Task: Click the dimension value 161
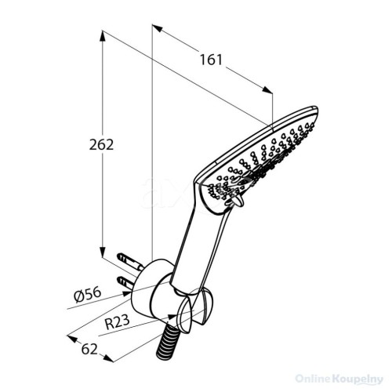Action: pos(211,60)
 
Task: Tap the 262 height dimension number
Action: pos(101,145)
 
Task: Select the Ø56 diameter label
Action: pos(87,295)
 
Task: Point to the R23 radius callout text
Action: pos(118,322)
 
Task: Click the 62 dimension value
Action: pos(89,349)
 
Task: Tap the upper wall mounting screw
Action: pos(130,262)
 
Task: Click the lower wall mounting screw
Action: pos(126,283)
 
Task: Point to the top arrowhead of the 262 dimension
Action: pos(103,36)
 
